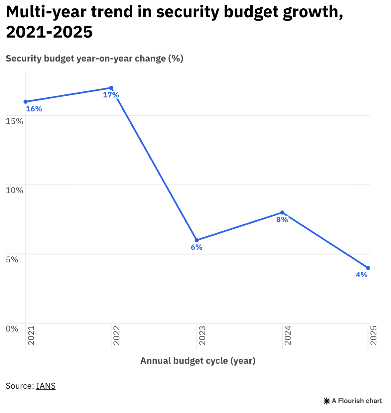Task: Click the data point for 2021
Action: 26,102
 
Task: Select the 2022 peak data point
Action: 111,88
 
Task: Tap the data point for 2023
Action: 196,240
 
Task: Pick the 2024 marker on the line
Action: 282,212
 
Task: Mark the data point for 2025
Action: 368,268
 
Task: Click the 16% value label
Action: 34,109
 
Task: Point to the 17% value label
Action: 111,95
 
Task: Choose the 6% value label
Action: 196,247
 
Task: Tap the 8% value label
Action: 282,220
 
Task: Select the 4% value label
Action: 362,275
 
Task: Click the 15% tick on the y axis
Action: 15,121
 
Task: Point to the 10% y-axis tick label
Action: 15,191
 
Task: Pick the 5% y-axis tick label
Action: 12,260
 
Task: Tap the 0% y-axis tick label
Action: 12,329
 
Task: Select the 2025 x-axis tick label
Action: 373,336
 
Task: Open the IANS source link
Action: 46,386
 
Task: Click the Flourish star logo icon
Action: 326,401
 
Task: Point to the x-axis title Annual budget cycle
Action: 198,361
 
